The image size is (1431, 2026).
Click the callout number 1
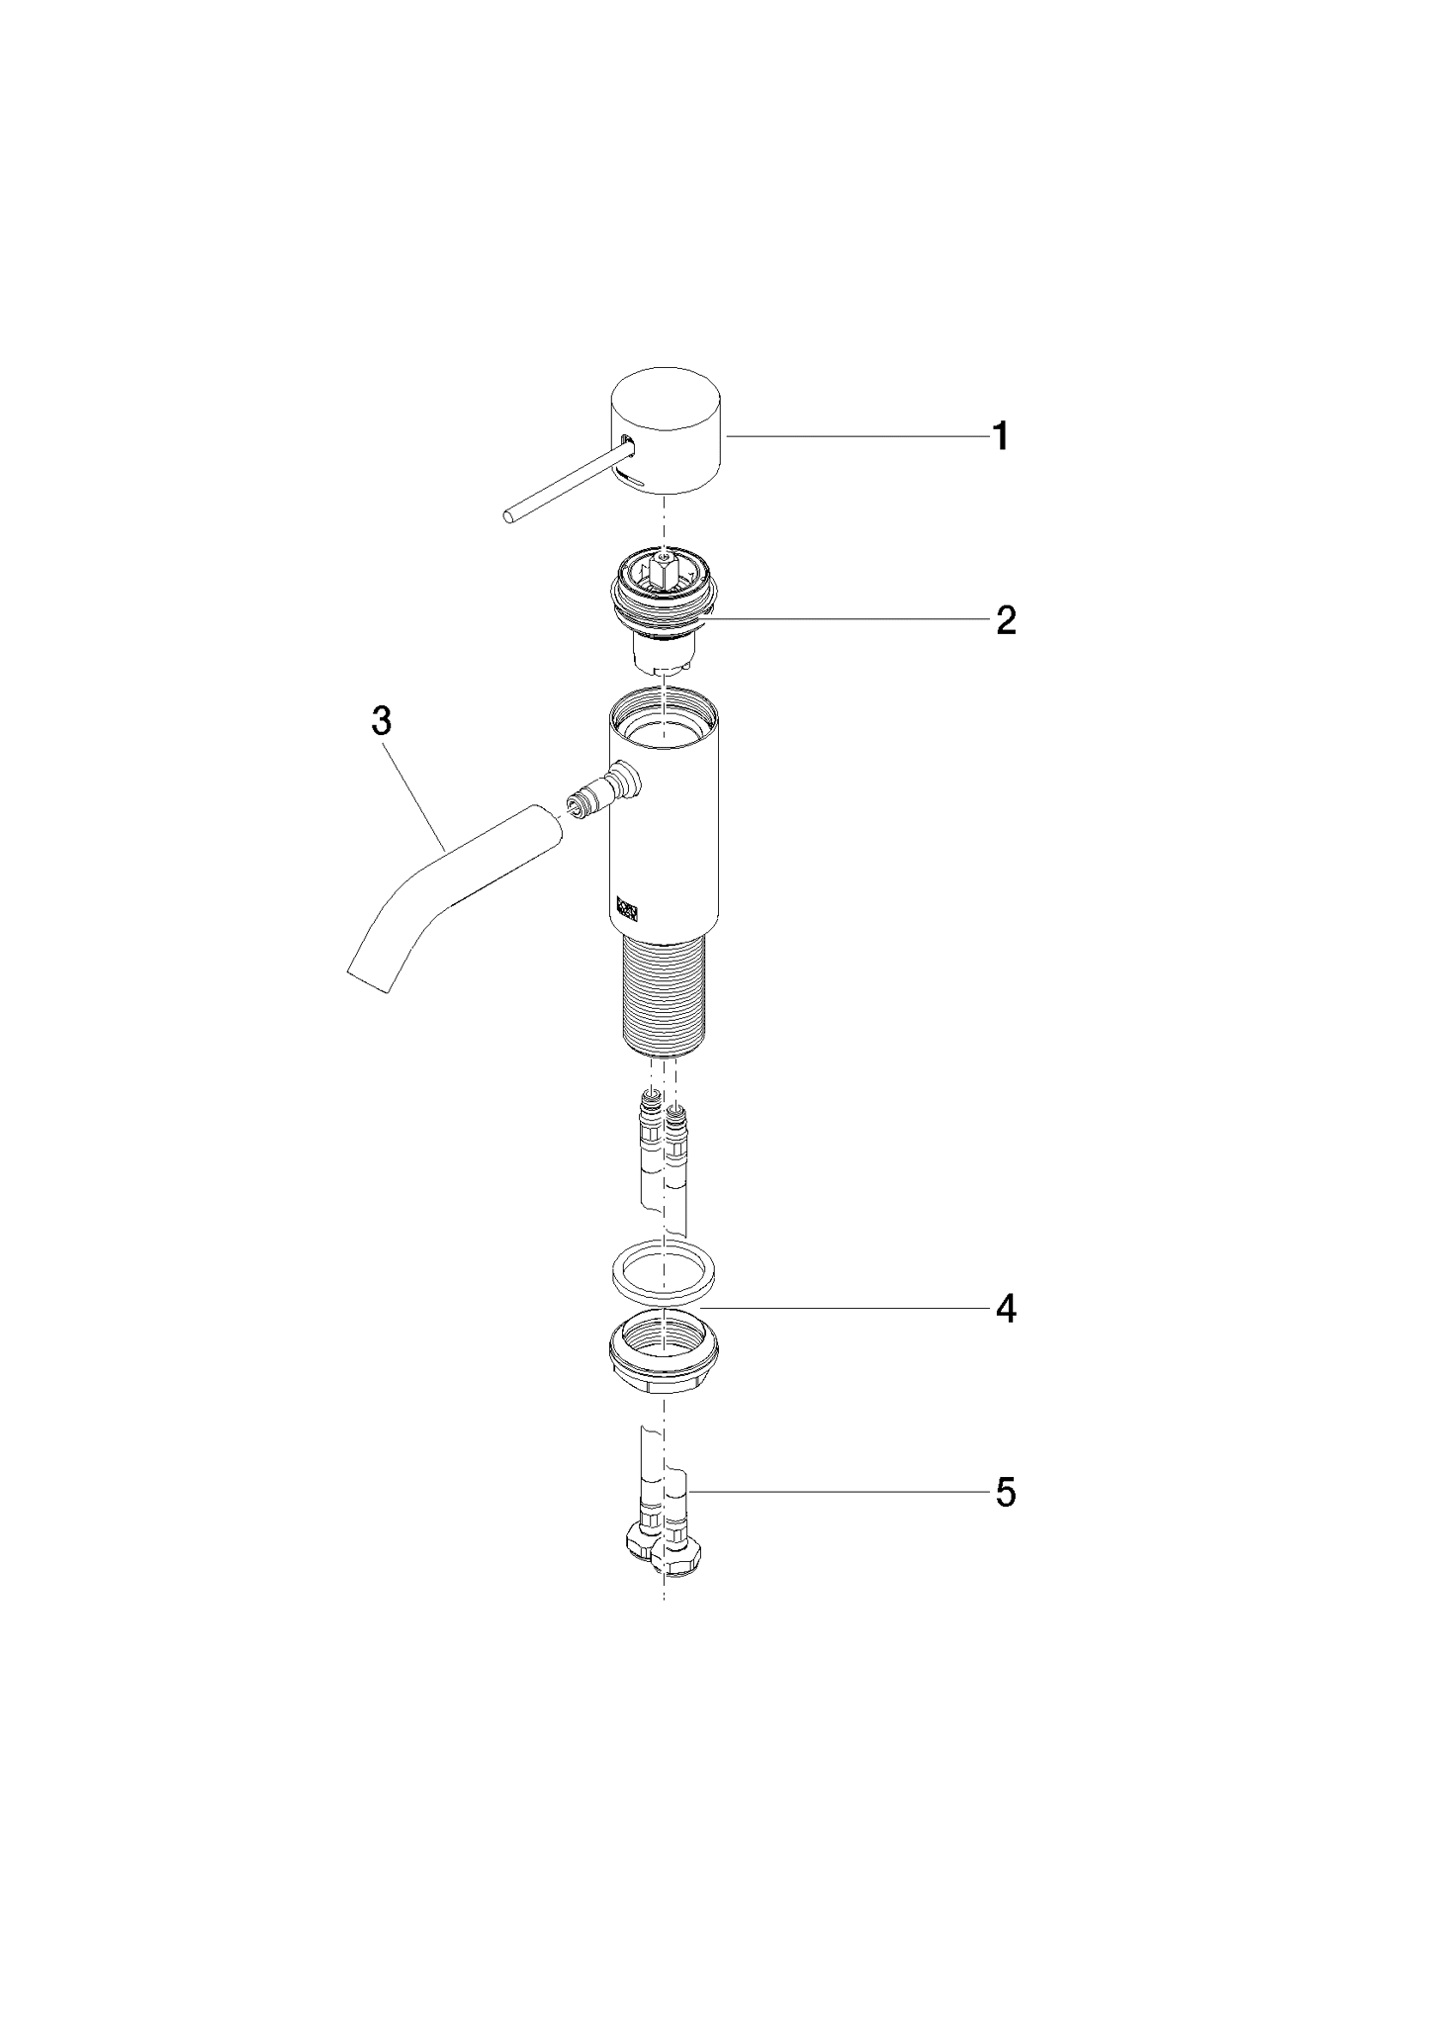point(1001,436)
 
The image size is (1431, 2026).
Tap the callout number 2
point(1005,621)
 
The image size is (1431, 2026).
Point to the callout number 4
point(1005,1309)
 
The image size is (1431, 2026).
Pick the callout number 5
point(1005,1493)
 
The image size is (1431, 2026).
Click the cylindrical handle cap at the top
point(667,431)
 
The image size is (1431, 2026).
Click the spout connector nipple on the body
point(602,788)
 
